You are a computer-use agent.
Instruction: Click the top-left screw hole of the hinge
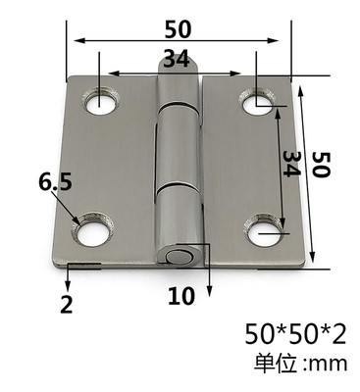pyautogui.click(x=100, y=101)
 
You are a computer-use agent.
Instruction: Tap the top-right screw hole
pyautogui.click(x=257, y=102)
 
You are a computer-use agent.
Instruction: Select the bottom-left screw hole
pyautogui.click(x=92, y=229)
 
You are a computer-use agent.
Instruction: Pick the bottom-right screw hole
pyautogui.click(x=264, y=231)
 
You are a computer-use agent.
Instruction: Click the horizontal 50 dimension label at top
pyautogui.click(x=177, y=29)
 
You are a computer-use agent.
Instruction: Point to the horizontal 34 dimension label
pyautogui.click(x=177, y=59)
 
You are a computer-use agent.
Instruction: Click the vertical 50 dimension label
pyautogui.click(x=321, y=164)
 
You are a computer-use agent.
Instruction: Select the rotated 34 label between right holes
pyautogui.click(x=291, y=164)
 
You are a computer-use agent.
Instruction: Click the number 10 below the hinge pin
pyautogui.click(x=181, y=296)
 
